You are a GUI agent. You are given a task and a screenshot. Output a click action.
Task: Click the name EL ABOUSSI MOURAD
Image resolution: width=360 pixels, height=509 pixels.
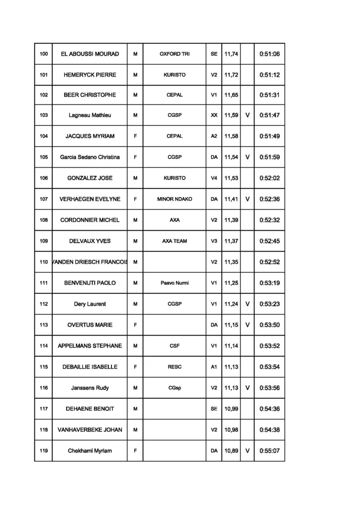90,54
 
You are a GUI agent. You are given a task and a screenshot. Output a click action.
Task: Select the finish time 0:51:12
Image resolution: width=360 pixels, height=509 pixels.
270,75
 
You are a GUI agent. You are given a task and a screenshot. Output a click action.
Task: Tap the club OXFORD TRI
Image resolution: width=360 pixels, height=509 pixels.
175,54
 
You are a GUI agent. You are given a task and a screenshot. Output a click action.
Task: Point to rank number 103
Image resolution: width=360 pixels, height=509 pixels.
44,115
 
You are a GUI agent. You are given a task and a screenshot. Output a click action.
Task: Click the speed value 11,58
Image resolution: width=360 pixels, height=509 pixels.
231,136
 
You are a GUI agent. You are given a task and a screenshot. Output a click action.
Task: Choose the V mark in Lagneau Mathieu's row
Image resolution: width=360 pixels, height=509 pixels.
247,115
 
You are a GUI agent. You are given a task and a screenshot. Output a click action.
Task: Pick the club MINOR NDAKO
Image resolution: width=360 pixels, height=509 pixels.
175,199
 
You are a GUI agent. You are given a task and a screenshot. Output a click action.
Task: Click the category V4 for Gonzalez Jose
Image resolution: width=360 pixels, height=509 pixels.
214,178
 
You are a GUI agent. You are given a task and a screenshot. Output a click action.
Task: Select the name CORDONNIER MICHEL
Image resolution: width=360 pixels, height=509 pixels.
90,220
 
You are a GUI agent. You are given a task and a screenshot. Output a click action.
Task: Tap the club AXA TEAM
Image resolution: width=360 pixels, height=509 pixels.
175,241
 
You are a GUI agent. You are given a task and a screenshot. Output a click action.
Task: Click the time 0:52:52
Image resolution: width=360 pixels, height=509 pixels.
270,262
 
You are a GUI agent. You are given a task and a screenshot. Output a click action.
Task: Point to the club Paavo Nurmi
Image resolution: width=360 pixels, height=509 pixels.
175,283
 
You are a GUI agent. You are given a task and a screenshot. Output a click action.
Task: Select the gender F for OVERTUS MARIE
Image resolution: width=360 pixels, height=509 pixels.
135,325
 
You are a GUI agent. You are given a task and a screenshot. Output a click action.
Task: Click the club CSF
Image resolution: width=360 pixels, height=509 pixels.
175,346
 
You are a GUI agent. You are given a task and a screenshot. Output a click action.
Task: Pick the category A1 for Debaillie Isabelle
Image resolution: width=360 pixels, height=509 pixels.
214,367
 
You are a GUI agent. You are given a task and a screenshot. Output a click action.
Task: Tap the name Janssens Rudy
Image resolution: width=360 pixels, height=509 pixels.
90,388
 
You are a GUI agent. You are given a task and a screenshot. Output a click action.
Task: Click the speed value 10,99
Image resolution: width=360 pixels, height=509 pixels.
231,409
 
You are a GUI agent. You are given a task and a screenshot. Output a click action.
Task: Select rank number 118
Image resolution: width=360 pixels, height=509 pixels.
44,430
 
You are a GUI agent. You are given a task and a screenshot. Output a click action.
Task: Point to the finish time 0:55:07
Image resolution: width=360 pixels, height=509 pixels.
270,451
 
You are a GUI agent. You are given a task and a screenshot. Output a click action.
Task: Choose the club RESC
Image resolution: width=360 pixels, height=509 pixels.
175,367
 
